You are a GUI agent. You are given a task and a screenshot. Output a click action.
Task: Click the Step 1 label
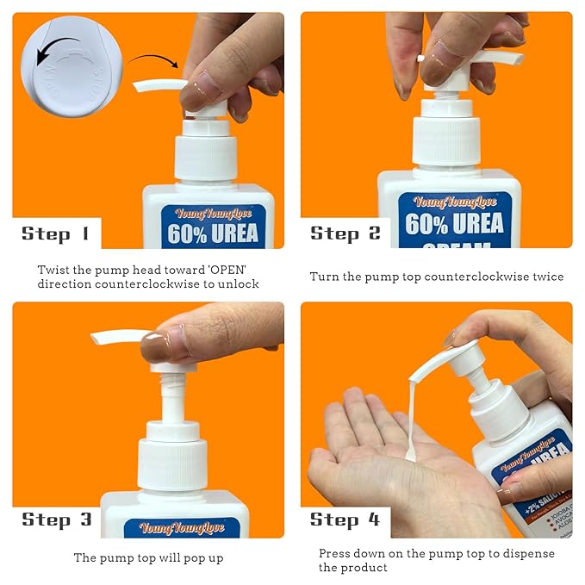[x=55, y=233]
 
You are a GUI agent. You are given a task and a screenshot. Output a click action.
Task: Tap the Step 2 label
[x=345, y=233]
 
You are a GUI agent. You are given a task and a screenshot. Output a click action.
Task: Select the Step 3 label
[x=57, y=519]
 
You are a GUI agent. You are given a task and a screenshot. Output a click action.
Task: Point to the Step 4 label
[x=345, y=519]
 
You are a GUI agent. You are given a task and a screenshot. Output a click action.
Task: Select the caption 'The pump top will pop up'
[x=148, y=557]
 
